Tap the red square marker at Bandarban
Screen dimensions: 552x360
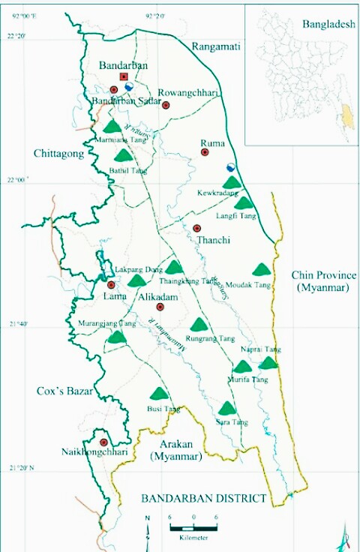click(x=124, y=76)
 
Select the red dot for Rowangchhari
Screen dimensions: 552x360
click(x=166, y=105)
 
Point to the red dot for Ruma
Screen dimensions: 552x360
click(x=204, y=152)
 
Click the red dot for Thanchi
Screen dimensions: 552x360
click(x=196, y=228)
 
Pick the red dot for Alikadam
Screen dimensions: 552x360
click(x=159, y=307)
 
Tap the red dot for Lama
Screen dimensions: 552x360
click(x=111, y=285)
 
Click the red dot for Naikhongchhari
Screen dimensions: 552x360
click(x=103, y=442)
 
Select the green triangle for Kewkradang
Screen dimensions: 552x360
click(x=232, y=182)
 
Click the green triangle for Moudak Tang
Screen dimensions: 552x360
click(x=261, y=269)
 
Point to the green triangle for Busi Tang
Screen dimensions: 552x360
click(x=158, y=394)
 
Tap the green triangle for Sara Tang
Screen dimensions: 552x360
click(x=226, y=409)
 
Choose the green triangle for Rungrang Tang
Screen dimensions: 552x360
click(x=199, y=325)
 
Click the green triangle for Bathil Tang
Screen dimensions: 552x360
click(x=124, y=156)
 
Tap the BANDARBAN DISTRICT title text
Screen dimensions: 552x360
click(x=204, y=498)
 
